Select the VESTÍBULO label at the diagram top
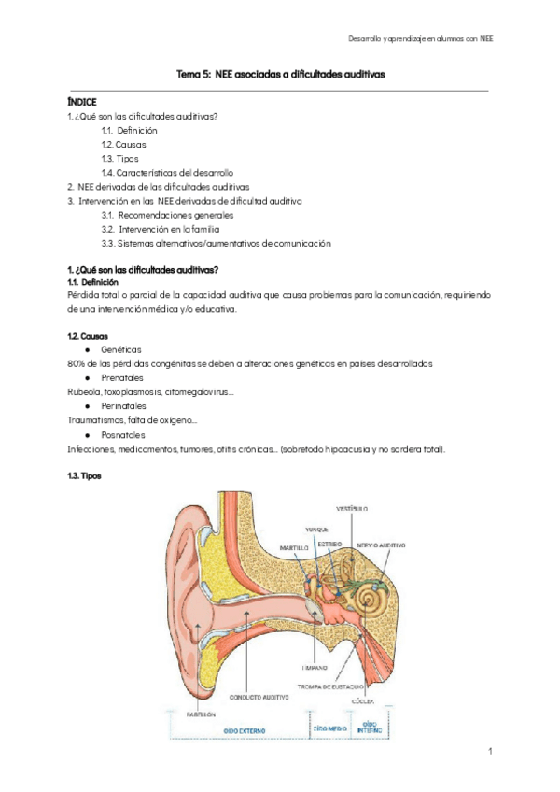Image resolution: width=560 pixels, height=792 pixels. (x=353, y=508)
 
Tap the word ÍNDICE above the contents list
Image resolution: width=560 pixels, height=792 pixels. (x=82, y=101)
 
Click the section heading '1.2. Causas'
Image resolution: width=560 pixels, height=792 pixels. (x=88, y=335)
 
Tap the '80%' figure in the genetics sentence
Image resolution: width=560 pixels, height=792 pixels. (x=77, y=363)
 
